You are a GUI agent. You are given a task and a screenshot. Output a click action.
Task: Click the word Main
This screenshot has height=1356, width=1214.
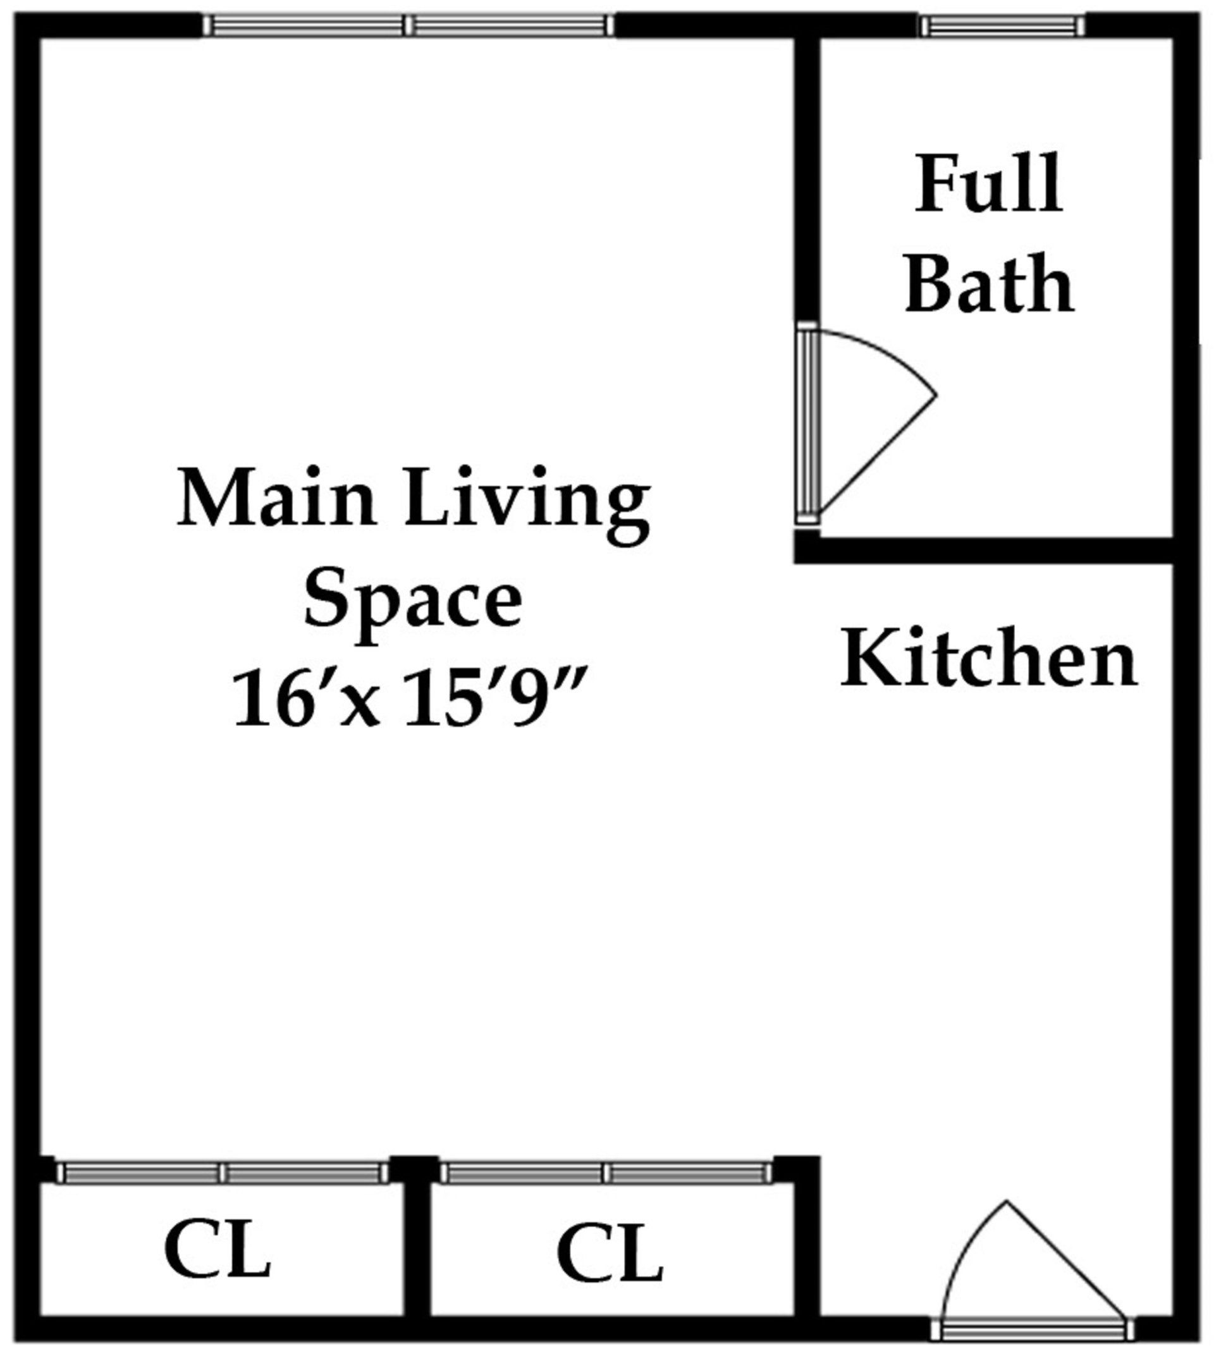(277, 498)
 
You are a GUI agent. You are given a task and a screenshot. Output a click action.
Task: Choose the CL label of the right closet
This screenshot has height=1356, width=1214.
(610, 1252)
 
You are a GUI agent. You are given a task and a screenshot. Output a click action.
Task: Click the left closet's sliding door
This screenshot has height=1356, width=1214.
(221, 1173)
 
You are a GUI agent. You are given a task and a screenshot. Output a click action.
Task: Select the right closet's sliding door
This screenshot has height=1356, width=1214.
(606, 1173)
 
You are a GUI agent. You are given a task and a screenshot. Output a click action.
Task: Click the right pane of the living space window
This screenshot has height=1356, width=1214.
(510, 25)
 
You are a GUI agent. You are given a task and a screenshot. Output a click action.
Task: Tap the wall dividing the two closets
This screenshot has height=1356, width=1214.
(417, 1240)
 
